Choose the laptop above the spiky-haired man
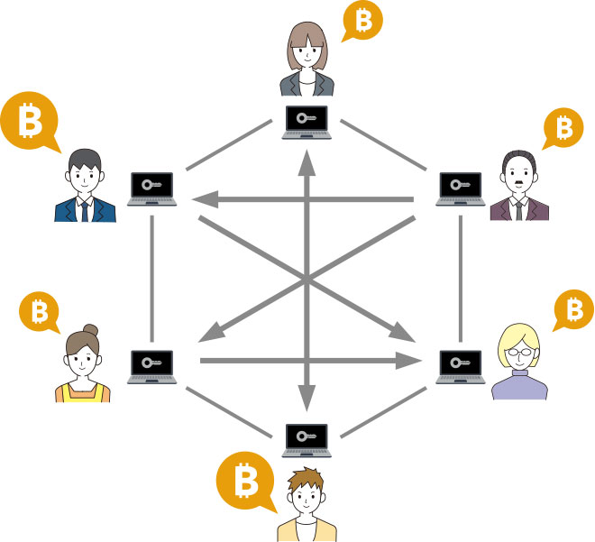307,440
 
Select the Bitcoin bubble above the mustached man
564,128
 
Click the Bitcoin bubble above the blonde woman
572,310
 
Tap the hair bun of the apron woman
90,330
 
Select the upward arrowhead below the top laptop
307,163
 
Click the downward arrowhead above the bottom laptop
307,396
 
